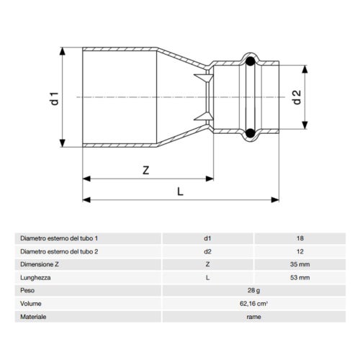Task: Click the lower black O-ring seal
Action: tap(248, 133)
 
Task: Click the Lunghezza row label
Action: tap(37, 276)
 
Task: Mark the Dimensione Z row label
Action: tap(41, 264)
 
